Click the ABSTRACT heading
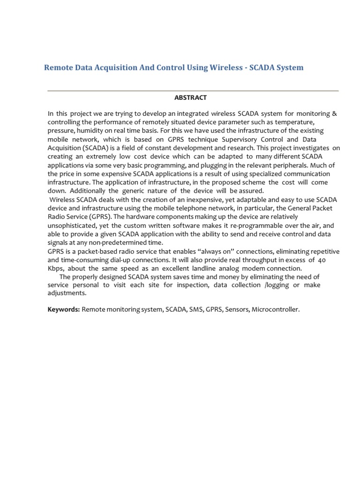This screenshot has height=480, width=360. click(x=190, y=97)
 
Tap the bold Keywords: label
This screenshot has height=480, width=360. click(x=64, y=310)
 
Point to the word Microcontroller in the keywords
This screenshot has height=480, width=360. click(x=276, y=310)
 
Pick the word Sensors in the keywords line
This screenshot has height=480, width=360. click(x=238, y=310)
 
